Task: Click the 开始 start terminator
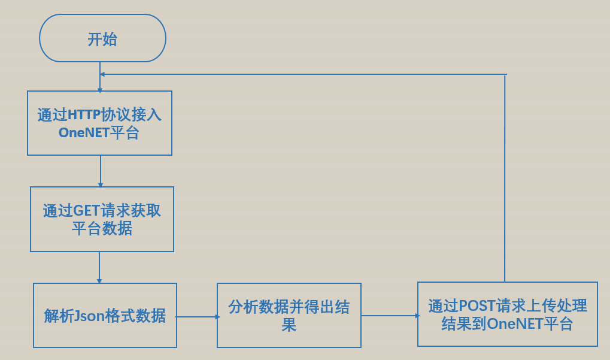tap(102, 39)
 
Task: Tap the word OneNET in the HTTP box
tap(84, 133)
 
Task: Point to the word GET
tap(86, 211)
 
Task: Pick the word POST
tap(477, 306)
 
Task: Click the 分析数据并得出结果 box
tap(289, 316)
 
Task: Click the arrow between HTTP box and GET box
tap(100, 171)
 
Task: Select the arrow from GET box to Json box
tap(99, 267)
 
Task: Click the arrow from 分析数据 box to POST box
tap(389, 315)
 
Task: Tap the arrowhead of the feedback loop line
tap(103, 74)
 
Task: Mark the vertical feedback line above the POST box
tap(505, 180)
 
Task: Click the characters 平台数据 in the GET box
tap(102, 229)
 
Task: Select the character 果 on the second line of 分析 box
tap(289, 325)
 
